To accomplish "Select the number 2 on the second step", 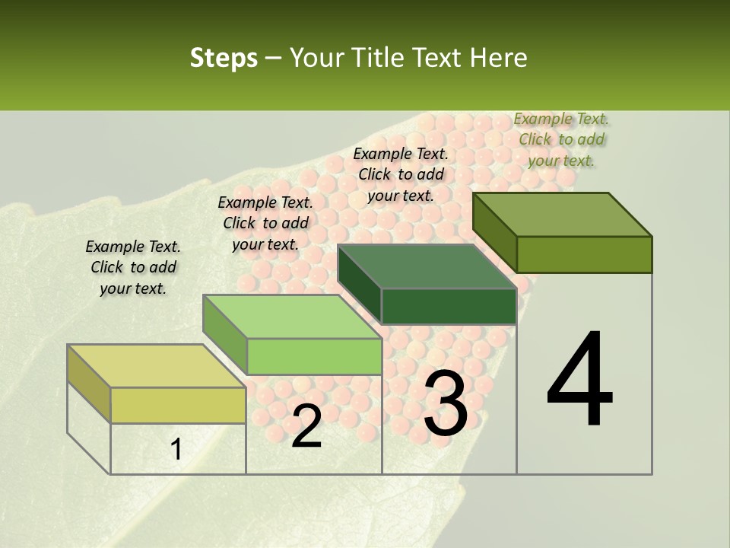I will (x=306, y=426).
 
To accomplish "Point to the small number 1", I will (x=176, y=450).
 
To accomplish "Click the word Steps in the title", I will (x=224, y=58).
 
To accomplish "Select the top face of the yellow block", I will (x=156, y=366).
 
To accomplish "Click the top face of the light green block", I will (x=292, y=317).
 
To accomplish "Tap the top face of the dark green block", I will (x=427, y=267).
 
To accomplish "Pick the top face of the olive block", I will (x=562, y=215).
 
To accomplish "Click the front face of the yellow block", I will (x=178, y=405).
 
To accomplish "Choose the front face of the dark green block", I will (x=449, y=307).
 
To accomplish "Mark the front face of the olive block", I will (x=584, y=254).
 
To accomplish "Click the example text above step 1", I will (x=133, y=267).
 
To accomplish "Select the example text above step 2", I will (x=265, y=223).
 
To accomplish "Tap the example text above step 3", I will (x=401, y=174).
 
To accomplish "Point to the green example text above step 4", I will (x=561, y=139).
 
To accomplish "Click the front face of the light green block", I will (x=314, y=356).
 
